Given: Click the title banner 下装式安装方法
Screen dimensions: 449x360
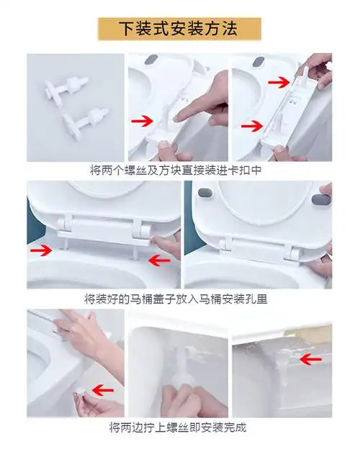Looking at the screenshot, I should (x=179, y=28).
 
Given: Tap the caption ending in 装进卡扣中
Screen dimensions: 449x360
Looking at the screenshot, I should (x=180, y=171).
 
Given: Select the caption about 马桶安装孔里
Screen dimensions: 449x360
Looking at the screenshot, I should (x=180, y=298).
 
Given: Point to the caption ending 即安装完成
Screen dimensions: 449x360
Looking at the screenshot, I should (x=180, y=427).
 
